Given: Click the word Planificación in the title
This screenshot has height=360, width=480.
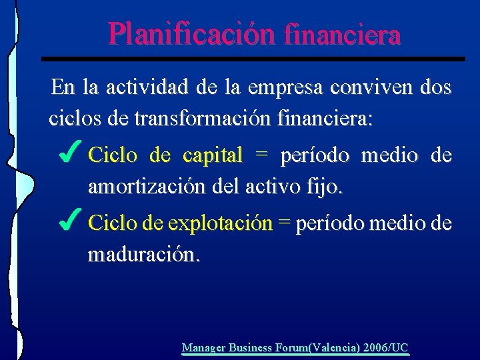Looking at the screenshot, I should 191,33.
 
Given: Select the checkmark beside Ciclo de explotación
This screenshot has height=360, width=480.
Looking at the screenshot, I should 71,219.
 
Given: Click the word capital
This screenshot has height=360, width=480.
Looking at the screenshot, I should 212,156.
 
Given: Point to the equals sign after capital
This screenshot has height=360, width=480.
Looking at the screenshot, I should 262,155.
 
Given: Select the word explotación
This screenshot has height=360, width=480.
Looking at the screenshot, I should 221,223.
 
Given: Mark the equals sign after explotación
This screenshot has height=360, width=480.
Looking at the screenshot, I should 284,223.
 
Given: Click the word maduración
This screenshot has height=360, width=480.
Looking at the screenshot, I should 143,255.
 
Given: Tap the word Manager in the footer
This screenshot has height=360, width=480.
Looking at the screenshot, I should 203,347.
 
